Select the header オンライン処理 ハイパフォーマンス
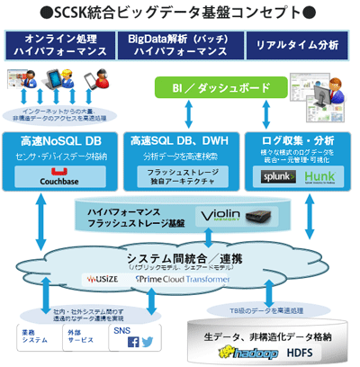click(60, 44)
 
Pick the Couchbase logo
click(61, 179)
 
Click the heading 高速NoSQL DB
click(60, 141)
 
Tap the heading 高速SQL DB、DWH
click(180, 141)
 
